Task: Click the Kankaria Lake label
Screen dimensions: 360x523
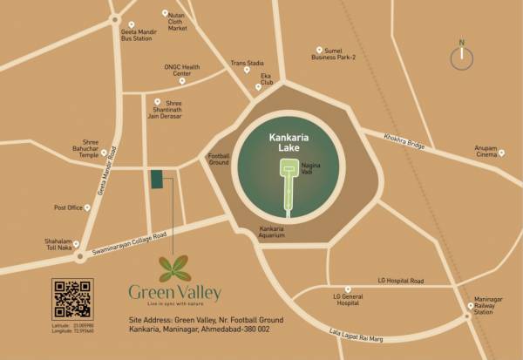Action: click(289, 143)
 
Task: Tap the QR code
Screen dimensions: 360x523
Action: click(71, 299)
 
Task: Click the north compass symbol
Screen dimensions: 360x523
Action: click(461, 57)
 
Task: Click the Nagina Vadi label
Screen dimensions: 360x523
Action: click(311, 168)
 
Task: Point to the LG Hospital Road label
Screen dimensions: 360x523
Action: click(400, 281)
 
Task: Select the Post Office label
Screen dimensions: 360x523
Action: click(67, 207)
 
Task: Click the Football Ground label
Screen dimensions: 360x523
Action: click(219, 160)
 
